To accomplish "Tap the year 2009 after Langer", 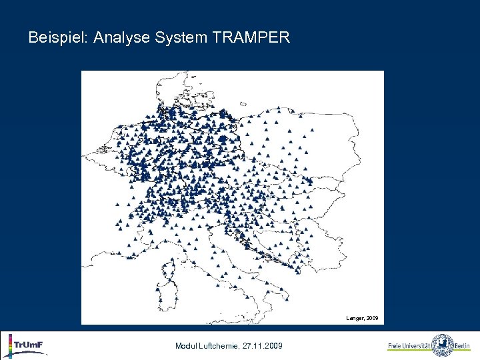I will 372,319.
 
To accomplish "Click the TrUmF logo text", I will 29,344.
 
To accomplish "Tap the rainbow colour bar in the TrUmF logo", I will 10,346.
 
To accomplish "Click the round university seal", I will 442,345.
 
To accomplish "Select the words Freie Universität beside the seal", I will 409,346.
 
